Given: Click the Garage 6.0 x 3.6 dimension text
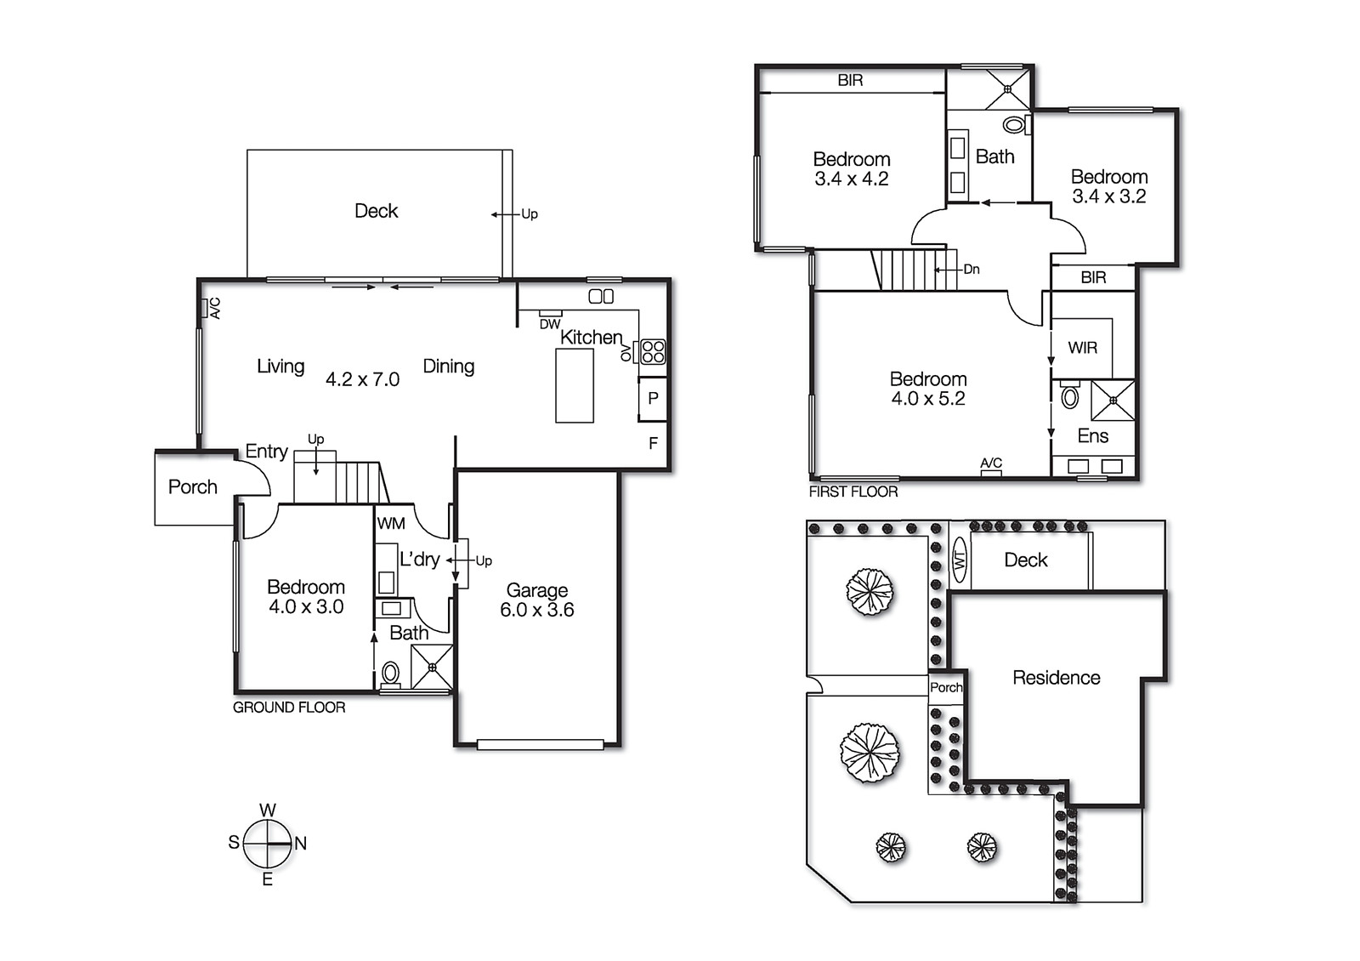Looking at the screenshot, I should point(536,610).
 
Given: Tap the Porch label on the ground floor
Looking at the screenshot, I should point(193,487).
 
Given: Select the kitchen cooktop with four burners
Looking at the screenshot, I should point(653,351).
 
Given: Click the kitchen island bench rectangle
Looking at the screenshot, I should point(575,385).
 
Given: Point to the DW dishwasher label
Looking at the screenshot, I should point(550,324).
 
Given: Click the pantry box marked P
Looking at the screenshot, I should point(653,398).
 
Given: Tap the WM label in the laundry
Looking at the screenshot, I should point(391,524).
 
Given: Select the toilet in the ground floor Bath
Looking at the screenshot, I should point(390,673).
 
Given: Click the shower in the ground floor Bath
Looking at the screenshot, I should point(432,667).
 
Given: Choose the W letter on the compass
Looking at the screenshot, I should point(267,810).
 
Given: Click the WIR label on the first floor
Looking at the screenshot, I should point(1082,348).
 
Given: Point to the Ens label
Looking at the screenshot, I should point(1092,436).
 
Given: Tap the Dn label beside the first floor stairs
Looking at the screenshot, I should point(972,270).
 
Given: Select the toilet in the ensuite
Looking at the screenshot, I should point(1070,396).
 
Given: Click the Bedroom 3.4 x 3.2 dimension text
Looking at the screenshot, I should point(1108,196).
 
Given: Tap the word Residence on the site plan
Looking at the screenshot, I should point(1056,678).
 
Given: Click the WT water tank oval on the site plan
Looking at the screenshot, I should point(960,560).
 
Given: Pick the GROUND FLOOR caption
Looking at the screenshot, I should point(289,708).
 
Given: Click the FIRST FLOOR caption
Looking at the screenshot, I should point(853,492).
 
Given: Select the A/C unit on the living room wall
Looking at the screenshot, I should point(205,308).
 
